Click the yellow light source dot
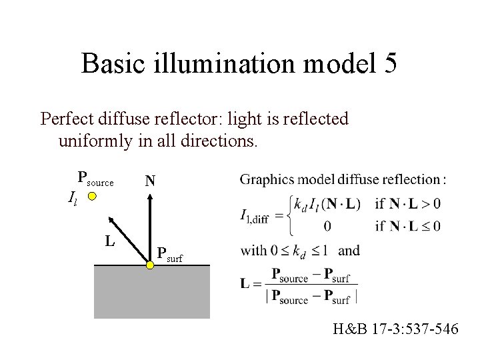(x=93, y=197)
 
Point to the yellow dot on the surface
(x=151, y=265)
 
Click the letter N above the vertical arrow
(x=150, y=181)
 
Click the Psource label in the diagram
(x=95, y=178)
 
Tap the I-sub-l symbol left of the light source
(x=73, y=197)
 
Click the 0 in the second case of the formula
(x=327, y=226)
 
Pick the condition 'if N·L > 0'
(x=407, y=203)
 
